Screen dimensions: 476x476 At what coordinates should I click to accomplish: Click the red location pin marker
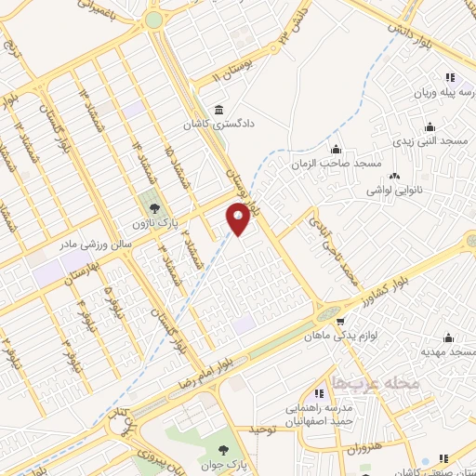click(x=239, y=219)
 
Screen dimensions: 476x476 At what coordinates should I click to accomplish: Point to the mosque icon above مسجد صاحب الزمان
click(x=336, y=149)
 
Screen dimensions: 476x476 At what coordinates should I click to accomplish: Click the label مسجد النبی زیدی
click(x=431, y=141)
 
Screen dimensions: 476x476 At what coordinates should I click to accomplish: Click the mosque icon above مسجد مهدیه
click(x=450, y=337)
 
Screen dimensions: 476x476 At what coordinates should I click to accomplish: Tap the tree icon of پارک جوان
click(x=221, y=437)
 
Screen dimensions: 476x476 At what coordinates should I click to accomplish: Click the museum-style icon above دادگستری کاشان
click(x=218, y=105)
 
